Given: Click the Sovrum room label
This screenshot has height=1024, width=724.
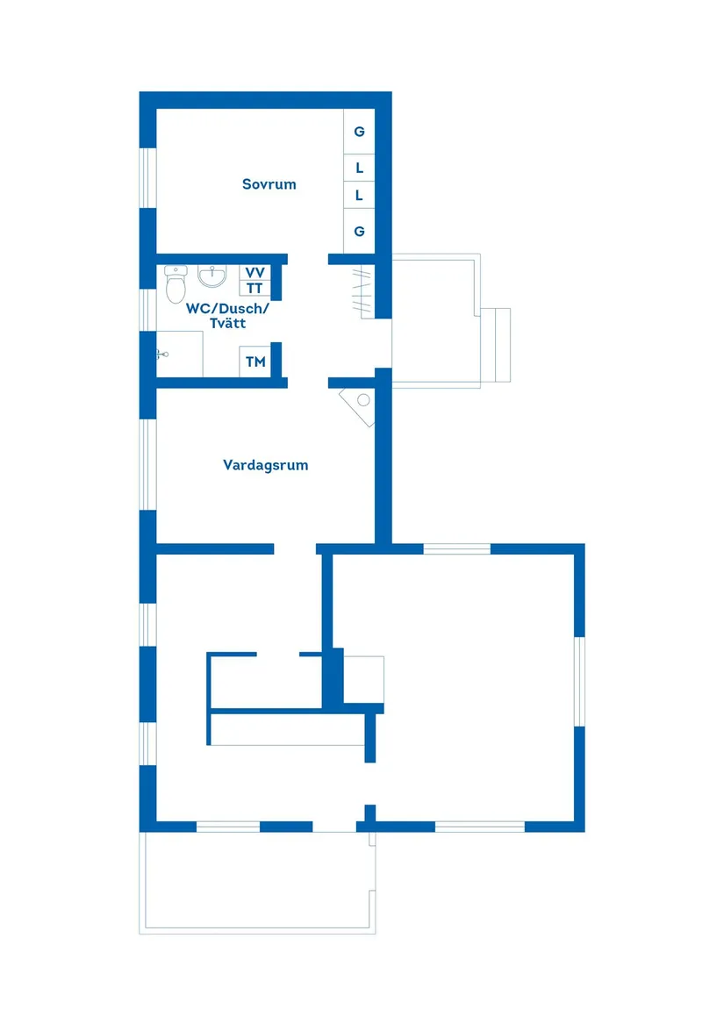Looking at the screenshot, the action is (x=269, y=184).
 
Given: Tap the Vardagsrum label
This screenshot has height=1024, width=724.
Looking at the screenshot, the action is (x=265, y=465).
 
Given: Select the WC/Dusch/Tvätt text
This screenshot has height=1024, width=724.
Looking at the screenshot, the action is (x=226, y=315).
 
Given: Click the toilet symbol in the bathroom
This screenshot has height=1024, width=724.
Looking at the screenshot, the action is (x=176, y=284).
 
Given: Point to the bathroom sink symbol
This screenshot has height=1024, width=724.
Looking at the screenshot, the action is (x=211, y=276).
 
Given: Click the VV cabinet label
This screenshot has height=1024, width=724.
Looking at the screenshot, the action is (x=254, y=272).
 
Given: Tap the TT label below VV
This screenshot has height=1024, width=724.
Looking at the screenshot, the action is (x=254, y=288).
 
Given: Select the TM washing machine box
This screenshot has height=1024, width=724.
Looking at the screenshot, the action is (x=255, y=362).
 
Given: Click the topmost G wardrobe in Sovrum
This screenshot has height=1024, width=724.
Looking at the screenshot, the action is (x=359, y=132).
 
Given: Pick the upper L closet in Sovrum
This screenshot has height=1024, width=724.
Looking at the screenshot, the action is (x=359, y=168).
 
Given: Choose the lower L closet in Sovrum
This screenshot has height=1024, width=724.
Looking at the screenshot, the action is (x=359, y=196).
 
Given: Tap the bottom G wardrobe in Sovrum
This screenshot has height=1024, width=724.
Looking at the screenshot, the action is (x=359, y=231).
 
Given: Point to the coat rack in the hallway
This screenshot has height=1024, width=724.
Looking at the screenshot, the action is (x=363, y=291).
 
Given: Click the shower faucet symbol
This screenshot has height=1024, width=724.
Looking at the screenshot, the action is (x=162, y=354).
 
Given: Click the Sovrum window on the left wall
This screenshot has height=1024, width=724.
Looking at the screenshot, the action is (x=148, y=177).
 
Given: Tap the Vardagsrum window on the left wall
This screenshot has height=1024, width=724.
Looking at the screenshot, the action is (x=148, y=464).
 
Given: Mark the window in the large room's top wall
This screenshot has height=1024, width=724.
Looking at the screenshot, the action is (x=456, y=548).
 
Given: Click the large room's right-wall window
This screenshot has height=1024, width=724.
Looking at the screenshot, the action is (x=579, y=681).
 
